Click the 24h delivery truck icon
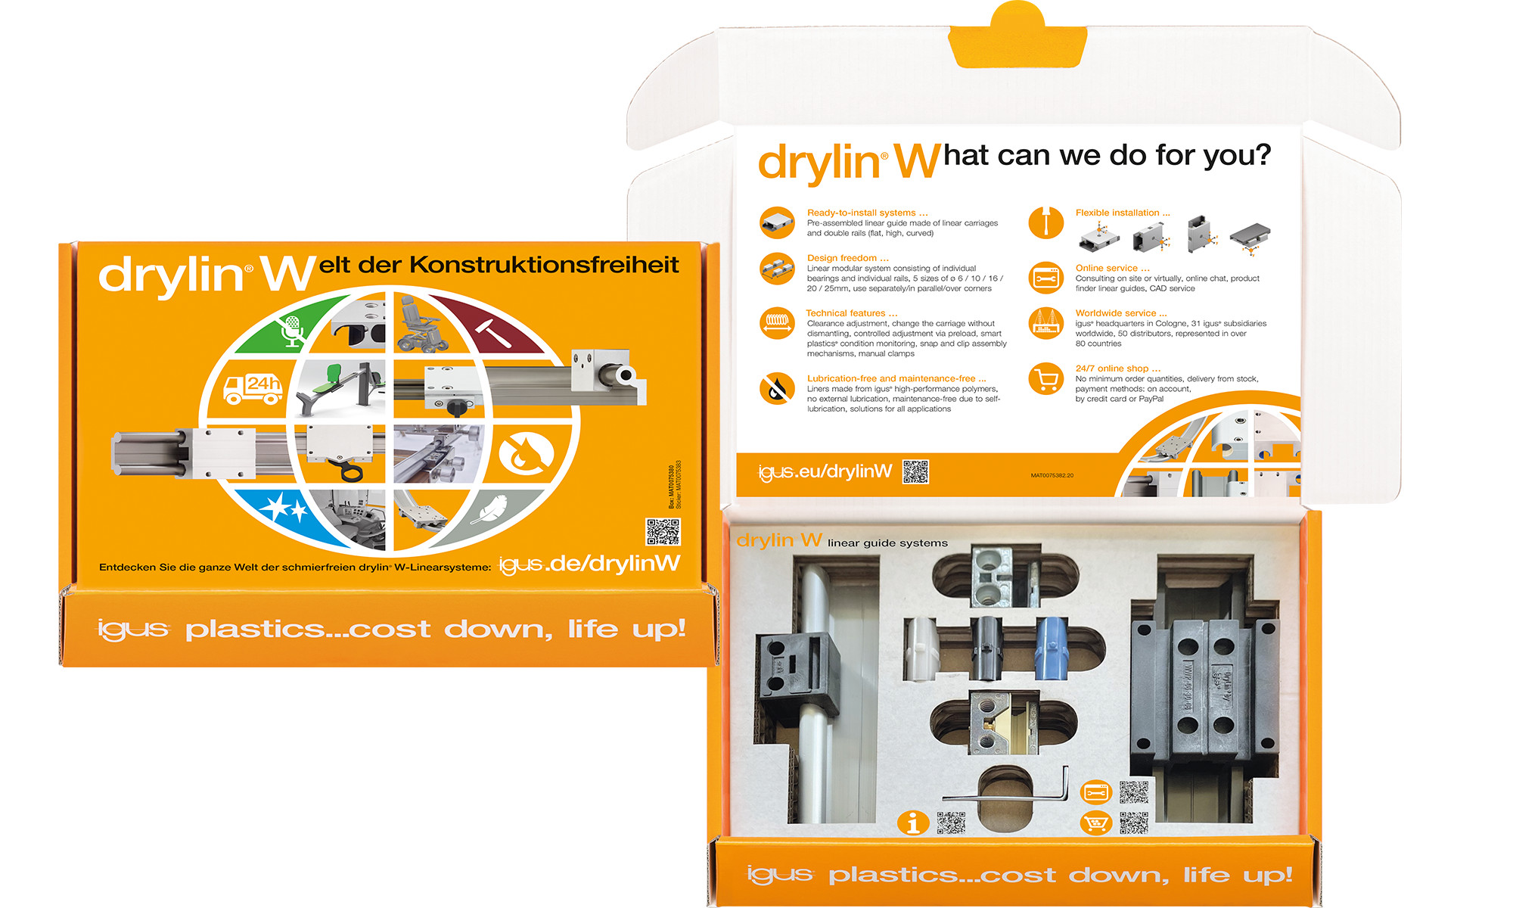point(253,388)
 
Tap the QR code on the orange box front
point(663,532)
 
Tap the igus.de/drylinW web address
point(589,564)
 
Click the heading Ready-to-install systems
point(867,213)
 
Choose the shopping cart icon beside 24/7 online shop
point(1046,378)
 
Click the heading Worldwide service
point(1120,313)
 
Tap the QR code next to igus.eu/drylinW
point(915,471)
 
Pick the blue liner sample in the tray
point(1051,647)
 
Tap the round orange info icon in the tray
point(912,822)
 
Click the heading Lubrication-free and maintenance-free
point(896,378)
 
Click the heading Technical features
point(851,313)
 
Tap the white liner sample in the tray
point(921,647)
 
